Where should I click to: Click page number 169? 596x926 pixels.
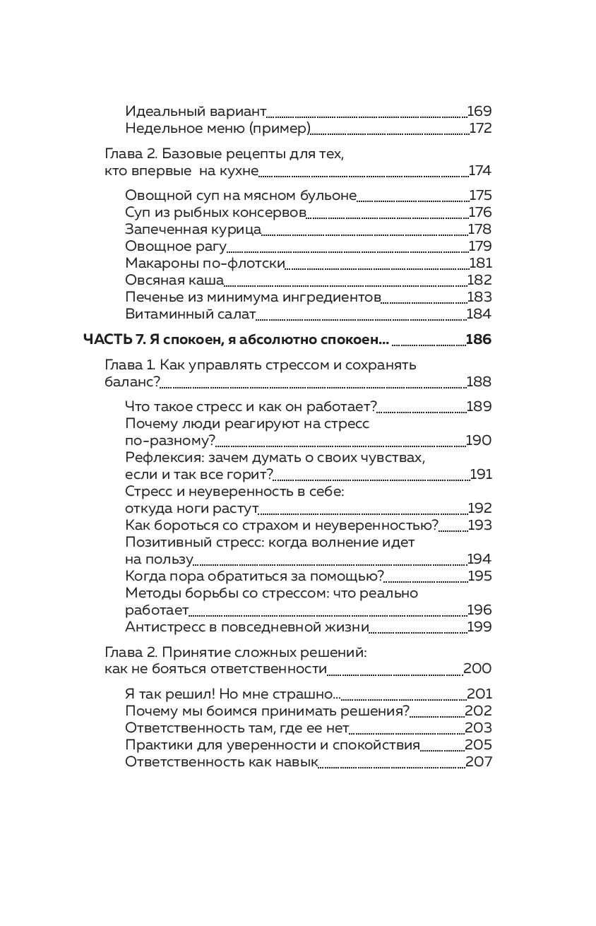point(479,112)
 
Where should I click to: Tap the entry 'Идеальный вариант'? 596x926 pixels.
point(195,112)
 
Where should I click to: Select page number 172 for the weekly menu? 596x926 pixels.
point(480,129)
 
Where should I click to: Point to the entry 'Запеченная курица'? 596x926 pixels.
point(193,230)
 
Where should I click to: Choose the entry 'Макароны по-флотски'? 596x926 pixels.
point(204,263)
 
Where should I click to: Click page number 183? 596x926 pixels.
point(479,297)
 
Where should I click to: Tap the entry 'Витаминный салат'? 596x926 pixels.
point(189,314)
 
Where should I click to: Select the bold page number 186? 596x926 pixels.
point(479,340)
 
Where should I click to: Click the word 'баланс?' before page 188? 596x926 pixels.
point(133,382)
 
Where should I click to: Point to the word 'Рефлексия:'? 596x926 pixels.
point(164,458)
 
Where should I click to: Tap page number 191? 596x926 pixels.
point(481,475)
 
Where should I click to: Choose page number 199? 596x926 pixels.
point(479,627)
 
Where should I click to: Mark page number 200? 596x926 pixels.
point(477,669)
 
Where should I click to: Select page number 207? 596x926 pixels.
point(479,762)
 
